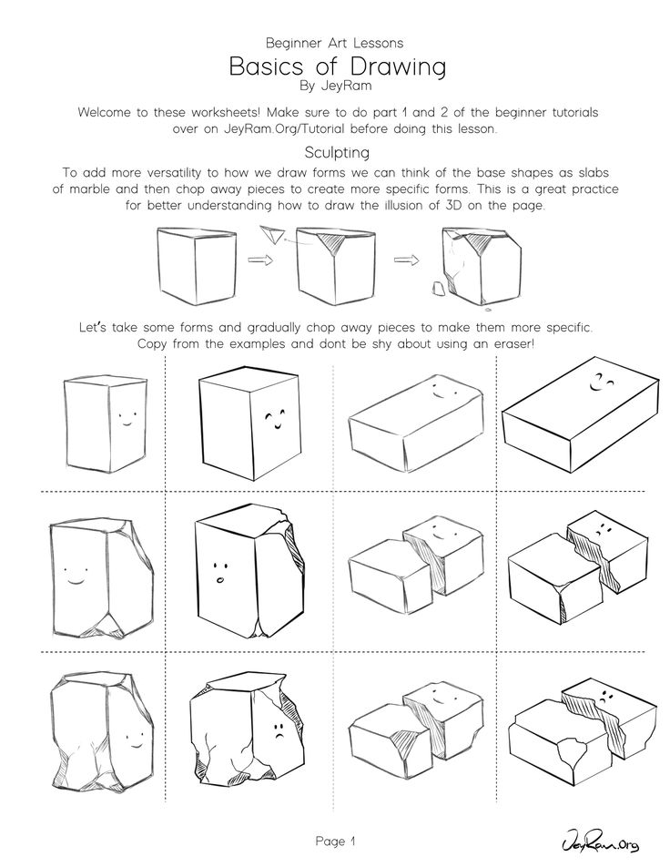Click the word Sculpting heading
coord(337,152)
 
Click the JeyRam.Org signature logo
coord(600,843)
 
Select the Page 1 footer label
coord(335,841)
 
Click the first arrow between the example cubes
coord(260,259)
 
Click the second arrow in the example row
coord(406,260)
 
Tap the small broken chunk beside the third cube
coord(439,289)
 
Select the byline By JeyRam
coord(335,86)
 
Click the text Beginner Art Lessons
coord(334,43)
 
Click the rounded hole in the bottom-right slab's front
coord(573,752)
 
